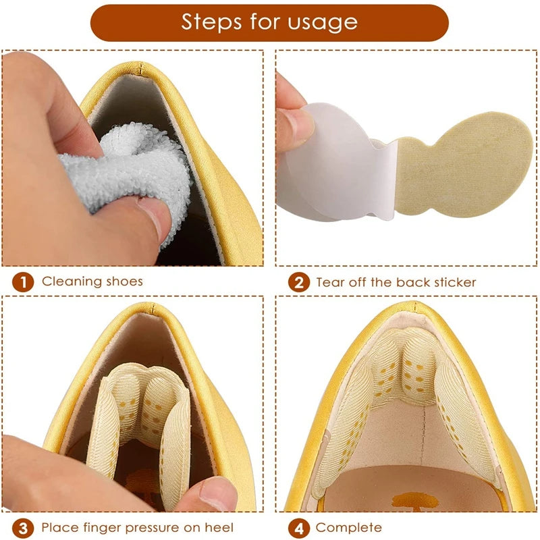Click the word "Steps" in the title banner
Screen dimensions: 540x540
(x=212, y=22)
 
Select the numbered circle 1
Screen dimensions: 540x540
(x=23, y=282)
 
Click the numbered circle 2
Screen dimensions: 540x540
(x=299, y=282)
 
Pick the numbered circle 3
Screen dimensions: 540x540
(x=23, y=528)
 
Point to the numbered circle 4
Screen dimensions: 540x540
(x=299, y=528)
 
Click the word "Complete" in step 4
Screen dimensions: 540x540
(x=349, y=528)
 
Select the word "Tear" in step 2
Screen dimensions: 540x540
(x=330, y=282)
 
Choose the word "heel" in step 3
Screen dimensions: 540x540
(x=219, y=528)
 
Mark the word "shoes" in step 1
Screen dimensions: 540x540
(x=124, y=281)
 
